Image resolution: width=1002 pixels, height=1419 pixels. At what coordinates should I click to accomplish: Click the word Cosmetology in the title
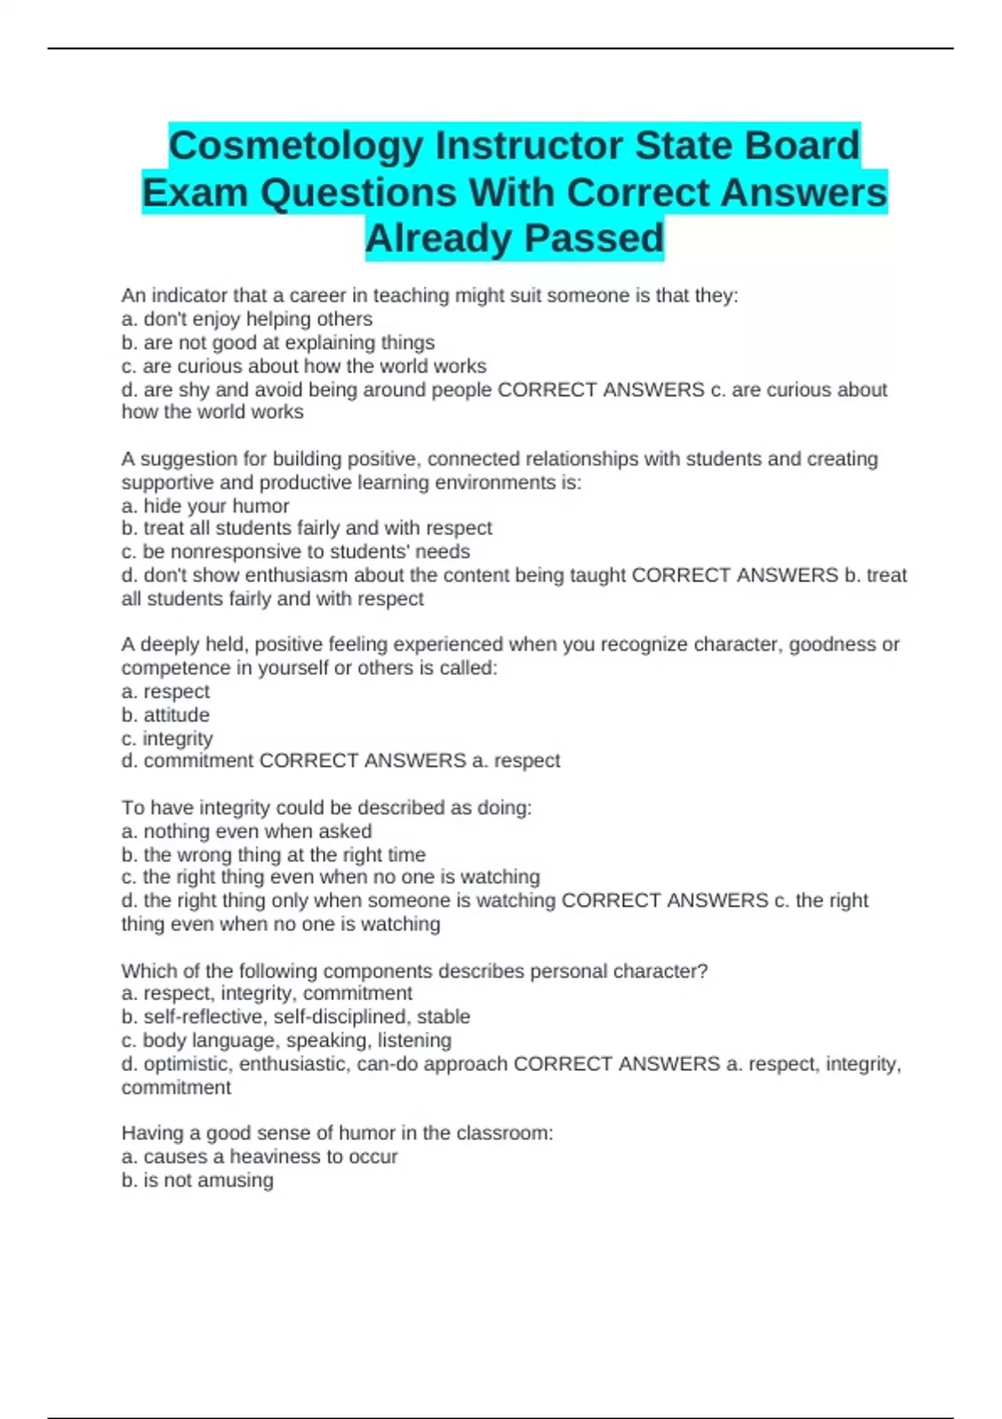[x=296, y=146]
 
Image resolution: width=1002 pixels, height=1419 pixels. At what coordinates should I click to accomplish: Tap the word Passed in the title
[x=594, y=239]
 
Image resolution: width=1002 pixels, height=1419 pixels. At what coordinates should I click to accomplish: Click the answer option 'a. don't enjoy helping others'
[x=247, y=319]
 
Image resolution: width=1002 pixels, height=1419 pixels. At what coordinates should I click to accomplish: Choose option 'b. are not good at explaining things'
[x=278, y=342]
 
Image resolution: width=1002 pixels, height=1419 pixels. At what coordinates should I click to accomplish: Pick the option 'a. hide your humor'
[x=205, y=506]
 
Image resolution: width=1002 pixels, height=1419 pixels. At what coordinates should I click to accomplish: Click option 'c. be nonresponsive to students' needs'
[x=296, y=552]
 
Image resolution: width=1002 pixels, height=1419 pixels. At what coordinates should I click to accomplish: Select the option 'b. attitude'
[x=165, y=715]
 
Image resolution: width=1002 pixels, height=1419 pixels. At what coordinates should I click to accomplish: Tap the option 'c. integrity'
[x=167, y=738]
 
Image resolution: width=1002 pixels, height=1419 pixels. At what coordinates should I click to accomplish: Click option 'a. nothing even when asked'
[x=246, y=831]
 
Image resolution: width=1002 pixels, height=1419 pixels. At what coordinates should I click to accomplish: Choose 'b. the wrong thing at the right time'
[x=273, y=855]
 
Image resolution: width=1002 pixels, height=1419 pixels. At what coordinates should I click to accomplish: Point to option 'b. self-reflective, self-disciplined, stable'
[x=296, y=1017]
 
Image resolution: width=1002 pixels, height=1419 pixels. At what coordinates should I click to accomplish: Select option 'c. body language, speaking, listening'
[x=286, y=1040]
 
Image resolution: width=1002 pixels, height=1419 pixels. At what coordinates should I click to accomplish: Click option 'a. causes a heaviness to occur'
[x=259, y=1157]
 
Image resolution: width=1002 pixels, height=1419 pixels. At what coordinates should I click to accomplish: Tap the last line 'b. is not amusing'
[x=197, y=1180]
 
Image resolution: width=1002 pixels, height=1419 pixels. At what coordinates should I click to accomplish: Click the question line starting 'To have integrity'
[x=326, y=808]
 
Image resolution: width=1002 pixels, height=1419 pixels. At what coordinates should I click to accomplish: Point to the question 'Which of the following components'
[x=414, y=971]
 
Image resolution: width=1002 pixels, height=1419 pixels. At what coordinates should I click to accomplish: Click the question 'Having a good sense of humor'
[x=337, y=1133]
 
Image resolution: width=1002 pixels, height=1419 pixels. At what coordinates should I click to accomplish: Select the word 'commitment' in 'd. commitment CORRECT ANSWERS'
[x=199, y=760]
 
